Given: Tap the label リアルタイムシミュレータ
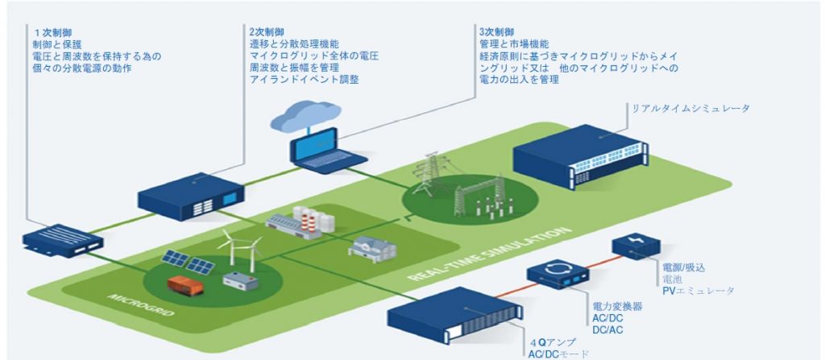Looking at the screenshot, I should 683,108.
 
